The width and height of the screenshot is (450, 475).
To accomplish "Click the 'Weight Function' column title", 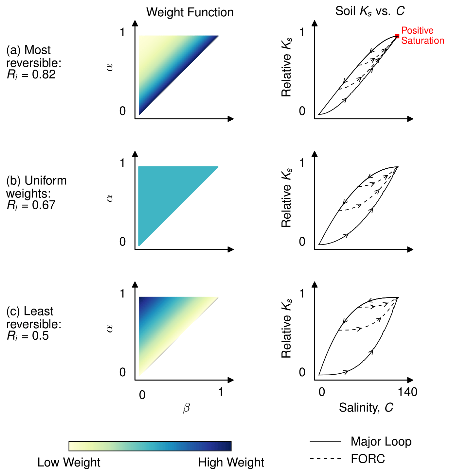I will [190, 12].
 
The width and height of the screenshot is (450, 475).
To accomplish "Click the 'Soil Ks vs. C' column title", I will [370, 11].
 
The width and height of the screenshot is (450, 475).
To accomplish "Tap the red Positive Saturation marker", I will [397, 36].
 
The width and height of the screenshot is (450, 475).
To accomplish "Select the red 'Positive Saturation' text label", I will [422, 36].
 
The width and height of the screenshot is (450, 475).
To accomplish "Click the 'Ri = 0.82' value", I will [31, 75].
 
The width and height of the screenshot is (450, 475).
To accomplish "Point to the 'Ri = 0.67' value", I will [31, 205].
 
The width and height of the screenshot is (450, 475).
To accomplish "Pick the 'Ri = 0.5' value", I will [28, 336].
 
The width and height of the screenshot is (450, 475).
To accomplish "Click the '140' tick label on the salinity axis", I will [407, 392].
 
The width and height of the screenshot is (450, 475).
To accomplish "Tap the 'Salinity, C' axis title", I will [366, 408].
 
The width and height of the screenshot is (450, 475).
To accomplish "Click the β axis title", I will [186, 408].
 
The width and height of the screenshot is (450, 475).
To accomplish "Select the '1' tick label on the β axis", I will [221, 392].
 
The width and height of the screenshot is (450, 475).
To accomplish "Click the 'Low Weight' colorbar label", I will [69, 463].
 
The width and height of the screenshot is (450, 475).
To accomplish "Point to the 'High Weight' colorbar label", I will [231, 463].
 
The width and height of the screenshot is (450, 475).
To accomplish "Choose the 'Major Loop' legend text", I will [381, 442].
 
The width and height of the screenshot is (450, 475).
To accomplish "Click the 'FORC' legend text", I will [368, 459].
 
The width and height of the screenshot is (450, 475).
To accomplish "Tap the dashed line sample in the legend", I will [325, 459].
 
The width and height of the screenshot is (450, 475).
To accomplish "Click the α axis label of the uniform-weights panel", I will [110, 198].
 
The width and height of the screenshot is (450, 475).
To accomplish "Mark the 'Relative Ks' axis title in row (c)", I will [286, 328].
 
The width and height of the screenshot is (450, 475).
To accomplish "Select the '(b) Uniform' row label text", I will [36, 181].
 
